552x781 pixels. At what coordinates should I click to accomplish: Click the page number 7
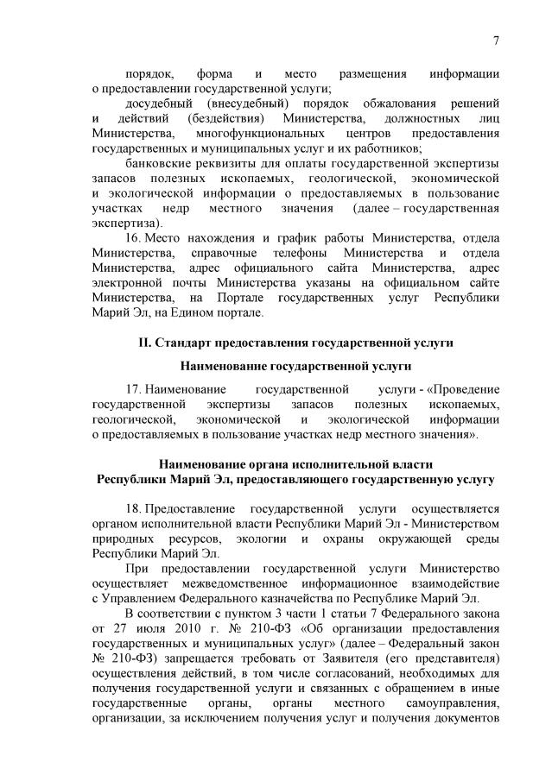tap(497, 41)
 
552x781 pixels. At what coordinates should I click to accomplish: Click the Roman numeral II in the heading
tap(145, 343)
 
